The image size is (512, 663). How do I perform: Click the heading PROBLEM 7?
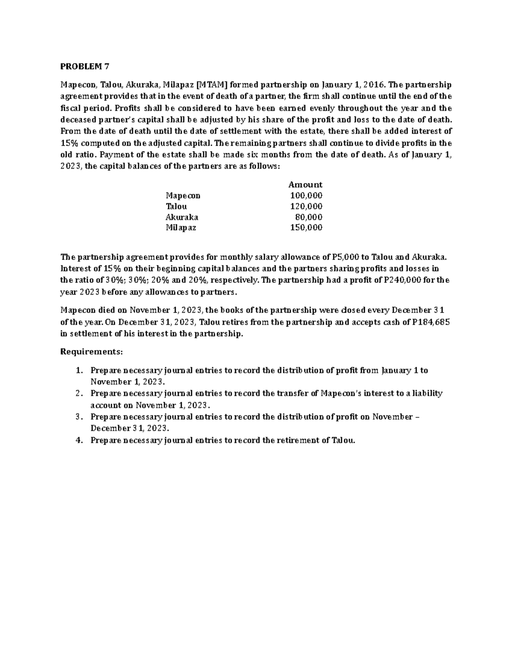[85, 66]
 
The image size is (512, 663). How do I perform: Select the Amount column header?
[305, 184]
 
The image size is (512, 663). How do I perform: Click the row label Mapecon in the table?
[183, 196]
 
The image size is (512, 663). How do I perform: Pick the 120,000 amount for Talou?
[306, 206]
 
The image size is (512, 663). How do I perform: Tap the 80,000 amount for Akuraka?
[308, 217]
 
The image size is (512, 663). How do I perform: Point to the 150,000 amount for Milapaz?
[306, 228]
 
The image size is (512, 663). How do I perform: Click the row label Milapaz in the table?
[181, 228]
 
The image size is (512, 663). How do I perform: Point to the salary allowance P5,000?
[345, 257]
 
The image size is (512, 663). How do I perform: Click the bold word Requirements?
[92, 352]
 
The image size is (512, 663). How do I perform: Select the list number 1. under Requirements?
[79, 371]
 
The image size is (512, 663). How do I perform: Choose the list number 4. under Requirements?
[79, 441]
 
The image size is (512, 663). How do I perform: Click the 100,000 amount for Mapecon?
[306, 196]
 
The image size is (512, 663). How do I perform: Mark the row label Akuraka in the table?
[182, 217]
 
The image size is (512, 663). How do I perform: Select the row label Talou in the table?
[176, 206]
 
